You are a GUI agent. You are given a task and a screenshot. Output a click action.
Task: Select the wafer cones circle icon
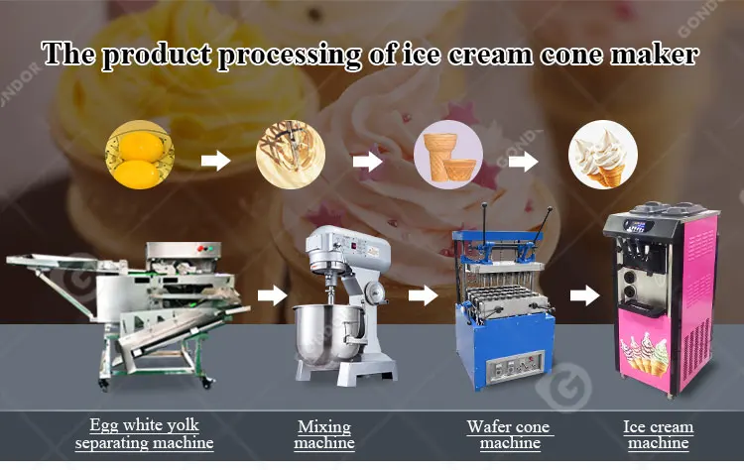[448, 157]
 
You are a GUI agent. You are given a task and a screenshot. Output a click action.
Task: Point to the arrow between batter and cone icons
[368, 160]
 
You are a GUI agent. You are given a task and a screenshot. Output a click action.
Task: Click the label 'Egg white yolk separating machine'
[144, 434]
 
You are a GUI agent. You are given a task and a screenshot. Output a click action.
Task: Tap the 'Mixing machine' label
[324, 434]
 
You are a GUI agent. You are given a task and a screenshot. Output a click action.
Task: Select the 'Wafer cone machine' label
[509, 434]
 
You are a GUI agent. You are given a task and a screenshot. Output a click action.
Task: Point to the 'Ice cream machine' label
[659, 434]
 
